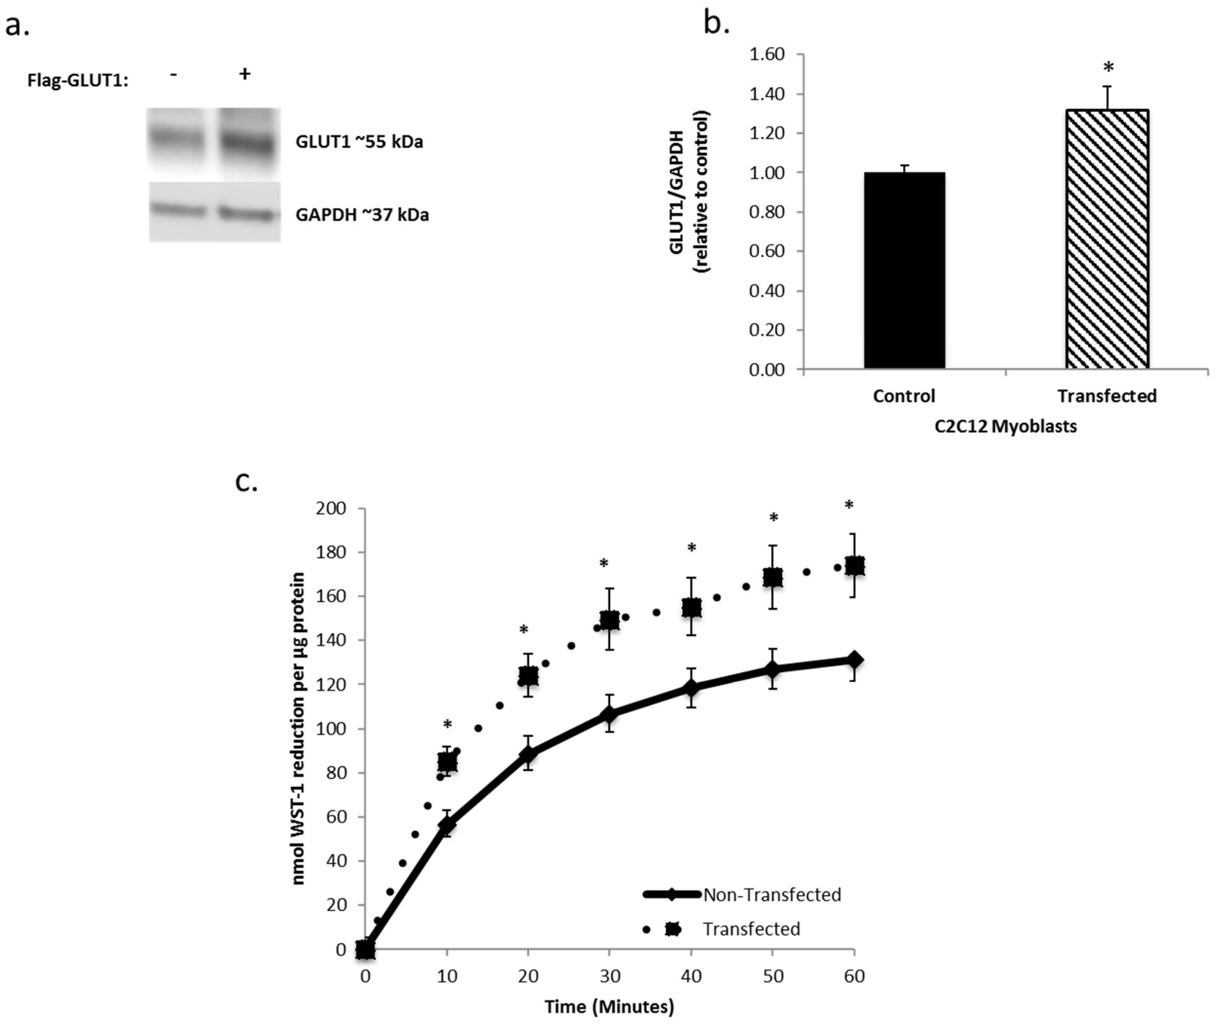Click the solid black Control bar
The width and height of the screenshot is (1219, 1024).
pos(904,271)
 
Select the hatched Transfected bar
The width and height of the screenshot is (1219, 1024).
pos(1107,239)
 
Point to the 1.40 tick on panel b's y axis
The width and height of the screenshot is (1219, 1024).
pos(766,94)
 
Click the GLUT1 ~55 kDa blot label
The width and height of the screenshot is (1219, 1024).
pos(359,142)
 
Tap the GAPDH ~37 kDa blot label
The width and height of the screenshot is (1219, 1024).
pos(362,215)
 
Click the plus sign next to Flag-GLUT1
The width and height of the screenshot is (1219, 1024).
pos(245,74)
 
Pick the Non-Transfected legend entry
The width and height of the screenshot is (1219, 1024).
pos(771,895)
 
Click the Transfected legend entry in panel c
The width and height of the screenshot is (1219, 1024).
pos(751,929)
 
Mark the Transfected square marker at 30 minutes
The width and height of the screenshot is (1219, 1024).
pos(609,621)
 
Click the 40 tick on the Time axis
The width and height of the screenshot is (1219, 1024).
pos(691,976)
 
